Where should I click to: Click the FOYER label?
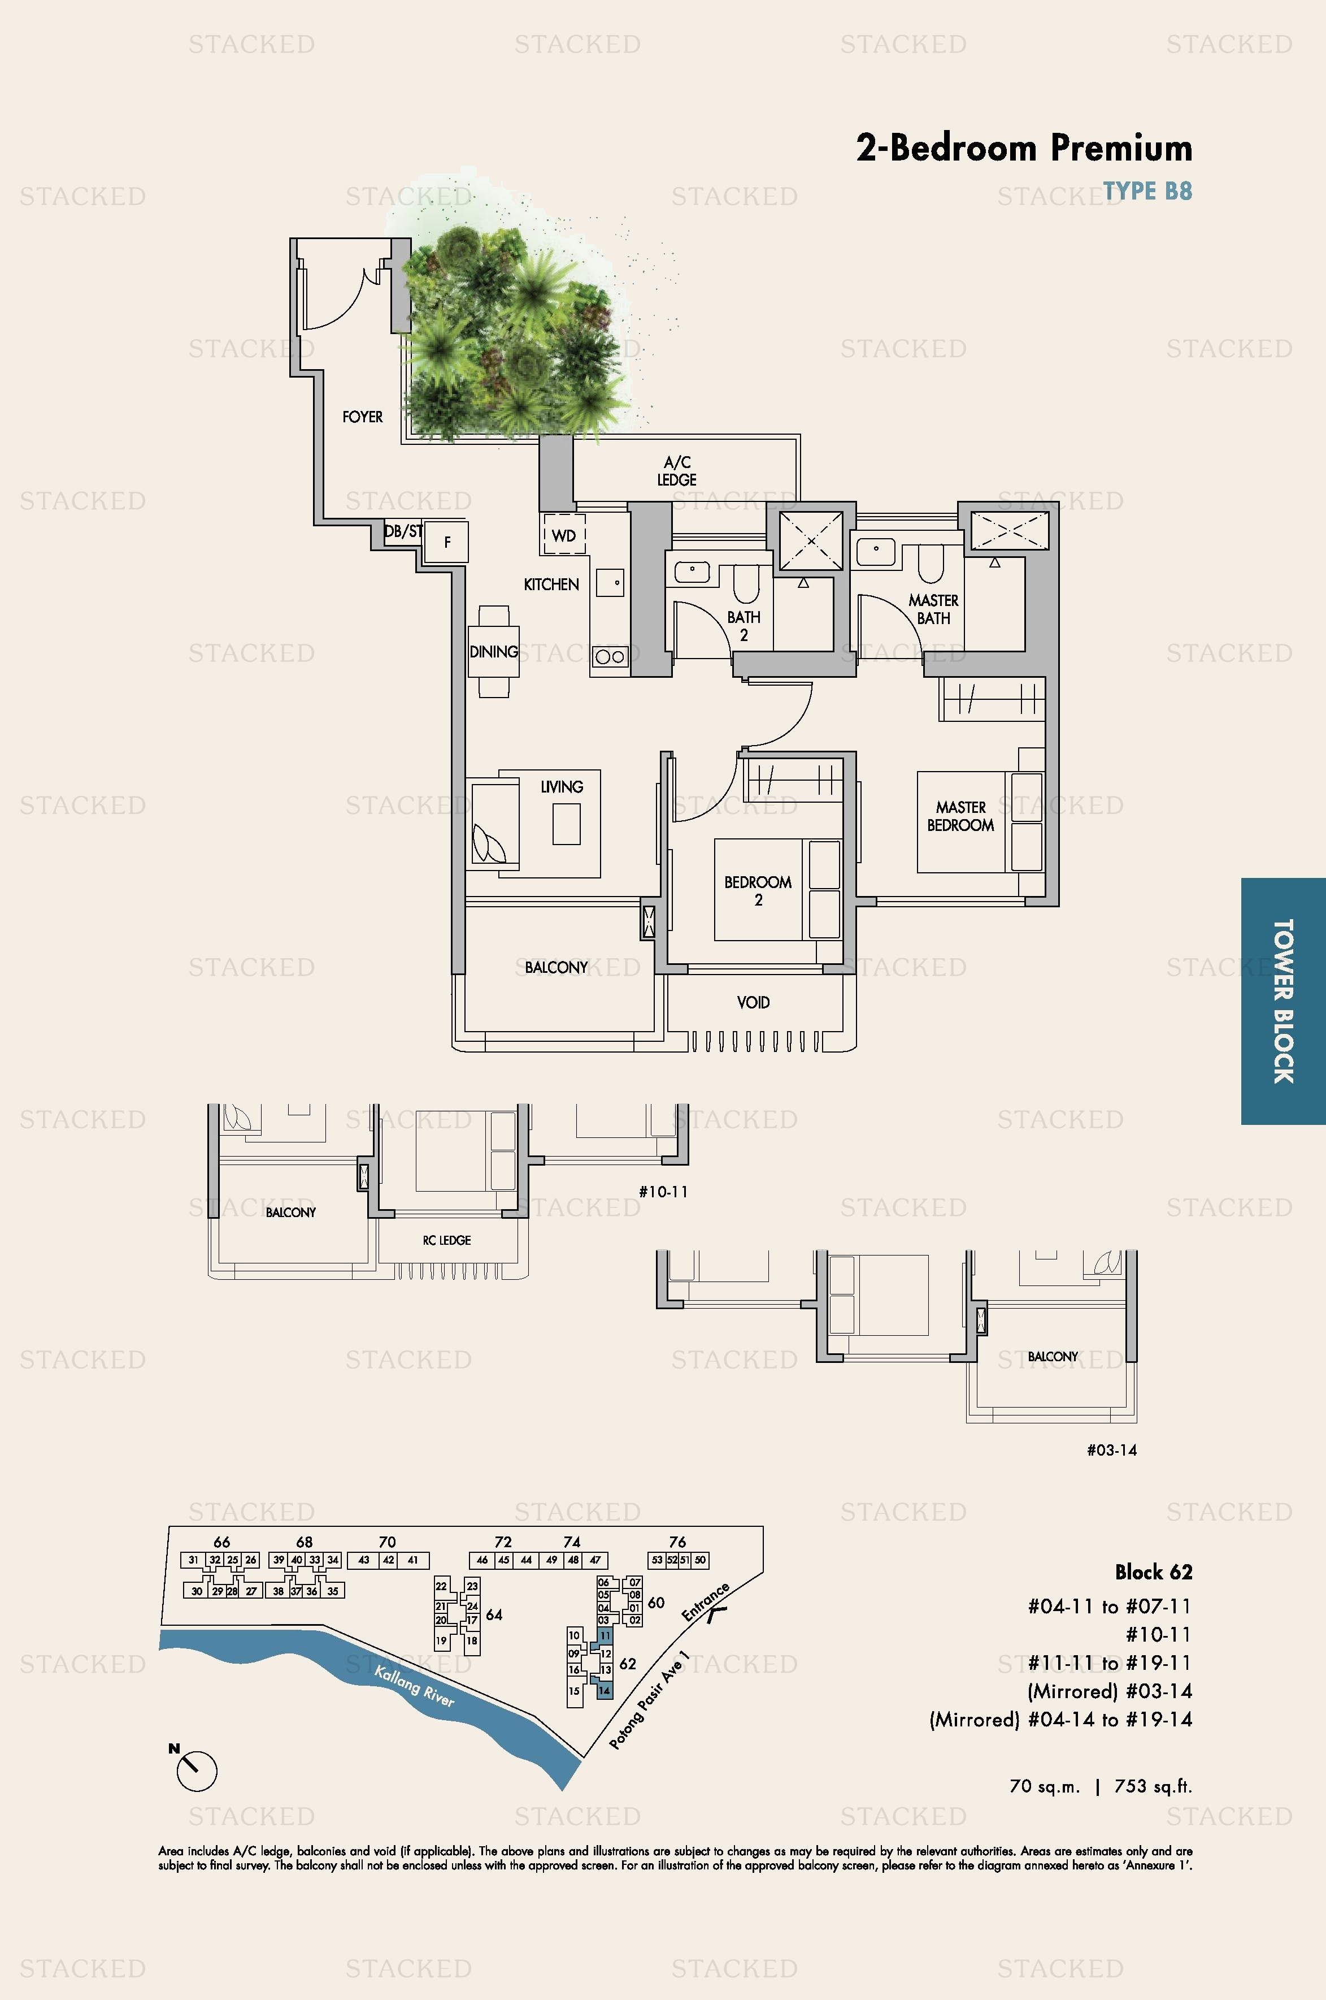[x=362, y=417]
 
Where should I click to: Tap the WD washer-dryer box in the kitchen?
[x=564, y=535]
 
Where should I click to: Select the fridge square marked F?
[x=446, y=542]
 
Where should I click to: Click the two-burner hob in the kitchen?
[x=610, y=656]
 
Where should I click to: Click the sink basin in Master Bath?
[x=876, y=551]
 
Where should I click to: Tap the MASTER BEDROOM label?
[x=960, y=816]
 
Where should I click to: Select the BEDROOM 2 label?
[x=758, y=890]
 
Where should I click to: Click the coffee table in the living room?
[x=567, y=823]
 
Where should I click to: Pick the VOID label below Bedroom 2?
[x=753, y=1002]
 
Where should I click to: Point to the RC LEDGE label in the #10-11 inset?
[x=446, y=1240]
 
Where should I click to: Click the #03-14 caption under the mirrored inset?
[x=1111, y=1450]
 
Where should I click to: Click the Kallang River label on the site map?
[x=414, y=1686]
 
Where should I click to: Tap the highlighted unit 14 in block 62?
[x=604, y=1690]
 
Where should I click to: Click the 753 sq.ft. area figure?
[x=1153, y=1787]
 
